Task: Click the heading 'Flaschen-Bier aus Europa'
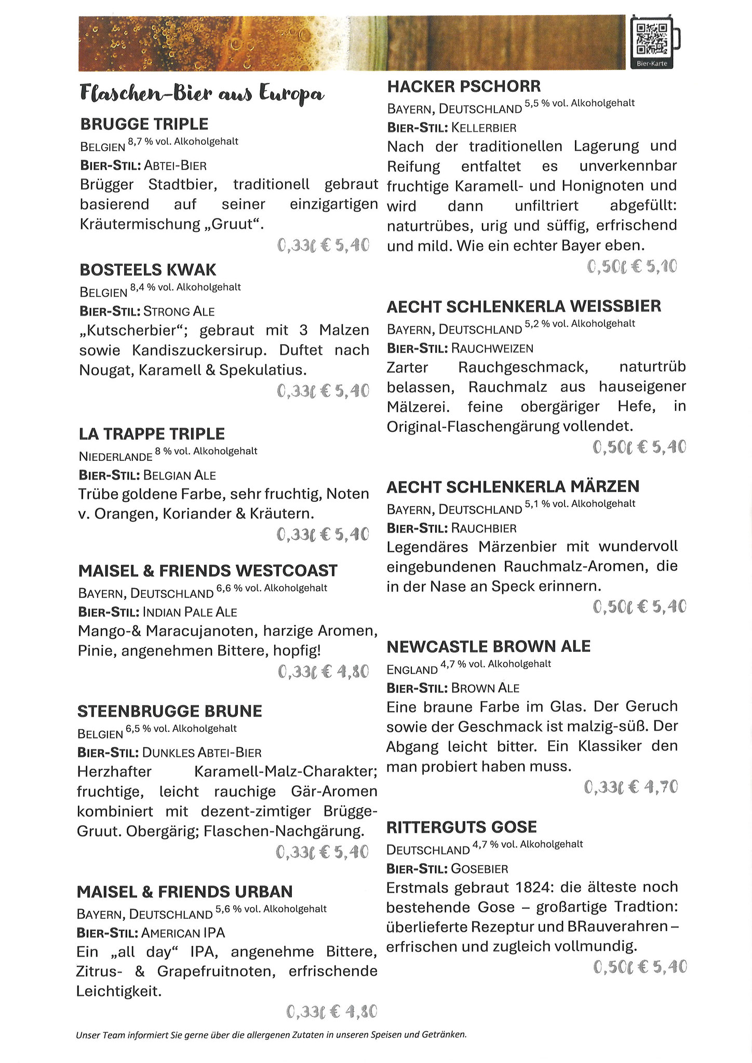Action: (x=202, y=94)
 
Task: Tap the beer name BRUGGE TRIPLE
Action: (x=144, y=124)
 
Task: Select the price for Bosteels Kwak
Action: (x=323, y=391)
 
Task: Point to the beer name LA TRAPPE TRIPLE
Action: (x=152, y=434)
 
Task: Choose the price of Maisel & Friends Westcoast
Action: (x=323, y=672)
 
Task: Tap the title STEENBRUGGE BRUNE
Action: (x=169, y=711)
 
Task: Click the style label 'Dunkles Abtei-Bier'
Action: (x=202, y=753)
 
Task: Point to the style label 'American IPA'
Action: (x=183, y=933)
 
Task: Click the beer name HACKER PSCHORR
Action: (x=464, y=86)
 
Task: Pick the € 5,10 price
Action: (x=632, y=267)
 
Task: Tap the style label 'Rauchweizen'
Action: (x=492, y=348)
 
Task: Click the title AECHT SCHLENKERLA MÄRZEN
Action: (x=513, y=487)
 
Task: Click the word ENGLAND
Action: (x=412, y=670)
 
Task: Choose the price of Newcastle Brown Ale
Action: (x=631, y=788)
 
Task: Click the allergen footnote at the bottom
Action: (x=271, y=1034)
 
